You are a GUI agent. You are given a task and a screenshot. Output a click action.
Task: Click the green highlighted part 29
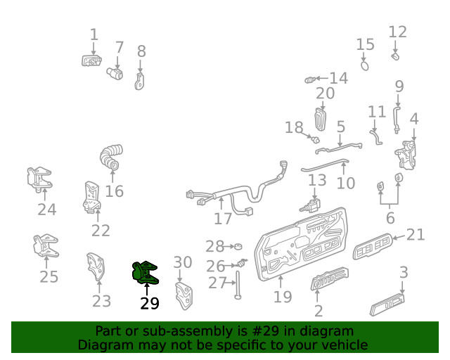[145, 273]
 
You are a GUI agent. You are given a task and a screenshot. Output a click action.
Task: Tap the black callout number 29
[150, 304]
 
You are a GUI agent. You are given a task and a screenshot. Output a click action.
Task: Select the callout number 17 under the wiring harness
[223, 219]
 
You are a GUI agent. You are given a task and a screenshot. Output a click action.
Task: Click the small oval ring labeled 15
[364, 65]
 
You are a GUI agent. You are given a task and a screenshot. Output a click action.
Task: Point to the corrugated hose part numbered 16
[111, 157]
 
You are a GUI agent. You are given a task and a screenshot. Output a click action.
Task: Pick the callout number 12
[397, 32]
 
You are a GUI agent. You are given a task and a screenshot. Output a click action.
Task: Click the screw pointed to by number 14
[309, 80]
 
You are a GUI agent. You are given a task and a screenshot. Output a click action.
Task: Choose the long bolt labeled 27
[238, 285]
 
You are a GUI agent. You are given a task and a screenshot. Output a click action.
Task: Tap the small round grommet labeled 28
[238, 246]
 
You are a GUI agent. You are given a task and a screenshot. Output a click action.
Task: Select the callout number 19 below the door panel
[283, 297]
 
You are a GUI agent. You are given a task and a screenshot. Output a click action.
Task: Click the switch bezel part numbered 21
[373, 246]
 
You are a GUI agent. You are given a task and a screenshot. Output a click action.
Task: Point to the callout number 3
[404, 272]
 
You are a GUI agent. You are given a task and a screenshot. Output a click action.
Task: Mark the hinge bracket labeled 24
[39, 179]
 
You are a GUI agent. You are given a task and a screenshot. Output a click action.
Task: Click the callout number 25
[49, 277]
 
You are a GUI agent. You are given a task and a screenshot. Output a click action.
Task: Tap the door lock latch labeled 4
[406, 155]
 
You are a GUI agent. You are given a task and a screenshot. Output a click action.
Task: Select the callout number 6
[390, 218]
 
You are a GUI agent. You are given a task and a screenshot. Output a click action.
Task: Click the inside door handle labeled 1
[91, 61]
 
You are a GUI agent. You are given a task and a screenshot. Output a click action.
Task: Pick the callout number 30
[183, 262]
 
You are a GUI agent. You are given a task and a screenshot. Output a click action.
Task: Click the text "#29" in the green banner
[265, 331]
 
